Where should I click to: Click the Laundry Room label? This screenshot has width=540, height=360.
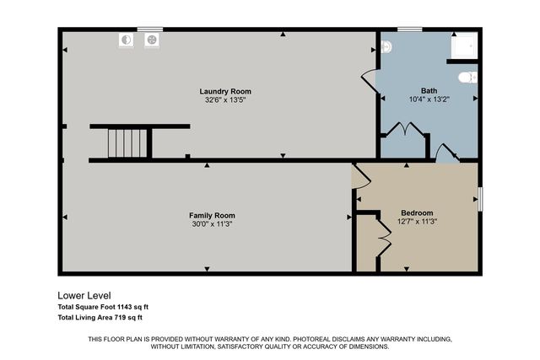[x=225, y=91]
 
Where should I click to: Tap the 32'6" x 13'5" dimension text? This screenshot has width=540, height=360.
[x=225, y=99]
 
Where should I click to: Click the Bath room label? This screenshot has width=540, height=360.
[x=429, y=90]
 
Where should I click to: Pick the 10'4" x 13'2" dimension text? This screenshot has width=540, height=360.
[x=429, y=99]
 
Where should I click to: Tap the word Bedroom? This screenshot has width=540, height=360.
[x=417, y=212]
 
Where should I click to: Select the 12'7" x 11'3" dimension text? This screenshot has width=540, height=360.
[x=417, y=222]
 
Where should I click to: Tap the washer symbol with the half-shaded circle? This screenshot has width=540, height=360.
[x=127, y=39]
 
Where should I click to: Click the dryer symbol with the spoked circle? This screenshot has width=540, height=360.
[x=152, y=39]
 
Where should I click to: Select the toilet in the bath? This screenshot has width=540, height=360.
[x=467, y=78]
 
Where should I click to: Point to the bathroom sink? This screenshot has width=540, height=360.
[x=387, y=48]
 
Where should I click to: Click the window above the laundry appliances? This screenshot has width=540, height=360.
[x=150, y=30]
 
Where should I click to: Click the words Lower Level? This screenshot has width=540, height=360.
[x=84, y=296]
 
